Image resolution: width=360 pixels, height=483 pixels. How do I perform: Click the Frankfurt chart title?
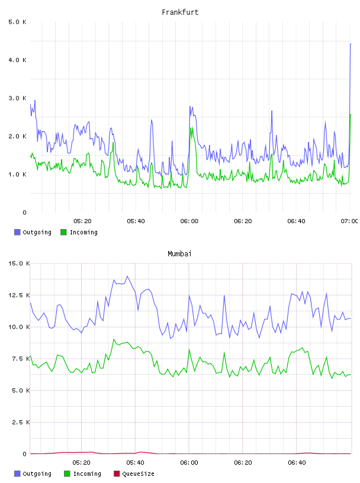pos(180,12)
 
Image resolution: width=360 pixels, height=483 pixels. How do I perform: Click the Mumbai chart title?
pos(179,254)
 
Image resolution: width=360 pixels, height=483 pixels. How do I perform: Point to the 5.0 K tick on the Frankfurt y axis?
pos(18,22)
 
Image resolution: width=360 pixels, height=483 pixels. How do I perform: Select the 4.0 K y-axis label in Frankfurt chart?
pos(18,60)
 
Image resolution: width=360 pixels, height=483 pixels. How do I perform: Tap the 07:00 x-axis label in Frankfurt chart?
pos(349,221)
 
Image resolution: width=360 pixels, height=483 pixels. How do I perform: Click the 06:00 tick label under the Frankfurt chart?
pos(189,221)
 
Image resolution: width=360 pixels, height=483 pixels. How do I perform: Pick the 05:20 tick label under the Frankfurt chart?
pos(82,221)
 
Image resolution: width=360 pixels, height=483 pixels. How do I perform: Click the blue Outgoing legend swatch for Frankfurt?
pos(17,232)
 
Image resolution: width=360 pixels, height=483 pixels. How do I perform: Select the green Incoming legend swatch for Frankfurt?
pos(63,232)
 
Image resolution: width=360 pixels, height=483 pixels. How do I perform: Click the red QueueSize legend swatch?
pos(117,474)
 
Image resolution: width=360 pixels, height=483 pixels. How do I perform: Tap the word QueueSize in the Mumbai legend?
pos(138,474)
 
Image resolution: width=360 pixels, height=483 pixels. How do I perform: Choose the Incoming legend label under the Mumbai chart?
pos(87,474)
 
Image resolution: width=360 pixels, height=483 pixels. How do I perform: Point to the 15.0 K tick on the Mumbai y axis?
pos(19,263)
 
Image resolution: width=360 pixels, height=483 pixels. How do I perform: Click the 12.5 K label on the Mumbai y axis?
pos(19,295)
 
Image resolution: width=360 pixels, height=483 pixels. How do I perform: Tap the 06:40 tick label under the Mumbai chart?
pos(297,463)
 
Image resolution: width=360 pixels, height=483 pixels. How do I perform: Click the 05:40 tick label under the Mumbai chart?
pos(136,463)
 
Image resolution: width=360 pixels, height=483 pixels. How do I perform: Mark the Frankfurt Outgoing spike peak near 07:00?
pos(351,44)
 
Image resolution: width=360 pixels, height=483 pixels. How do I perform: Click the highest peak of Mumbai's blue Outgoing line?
pos(127,276)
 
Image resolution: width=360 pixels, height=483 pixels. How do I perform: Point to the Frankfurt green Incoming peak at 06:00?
pos(191,127)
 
